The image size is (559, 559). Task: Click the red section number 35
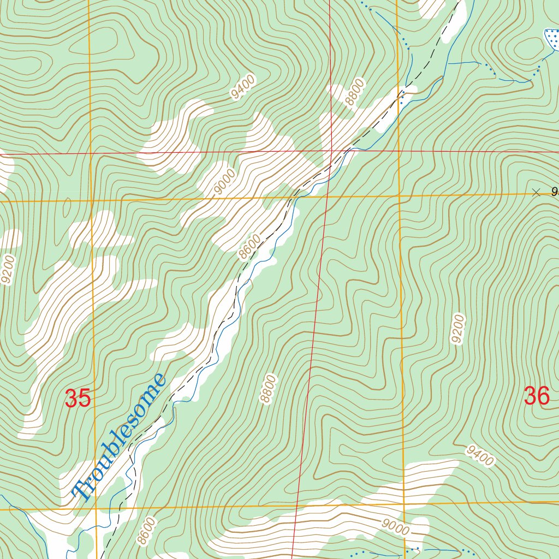78,399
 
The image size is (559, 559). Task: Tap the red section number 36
536,396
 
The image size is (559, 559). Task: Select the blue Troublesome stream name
120,437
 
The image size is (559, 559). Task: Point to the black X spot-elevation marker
536,192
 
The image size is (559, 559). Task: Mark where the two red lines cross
332,151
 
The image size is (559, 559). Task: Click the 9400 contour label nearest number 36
480,456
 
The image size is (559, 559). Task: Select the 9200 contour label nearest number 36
457,329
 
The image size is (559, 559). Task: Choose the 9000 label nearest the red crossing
225,182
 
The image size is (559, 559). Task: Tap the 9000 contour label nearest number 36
395,527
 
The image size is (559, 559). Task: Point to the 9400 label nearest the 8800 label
243,87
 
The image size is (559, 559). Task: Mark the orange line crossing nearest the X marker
400,195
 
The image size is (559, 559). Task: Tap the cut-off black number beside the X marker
555,192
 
